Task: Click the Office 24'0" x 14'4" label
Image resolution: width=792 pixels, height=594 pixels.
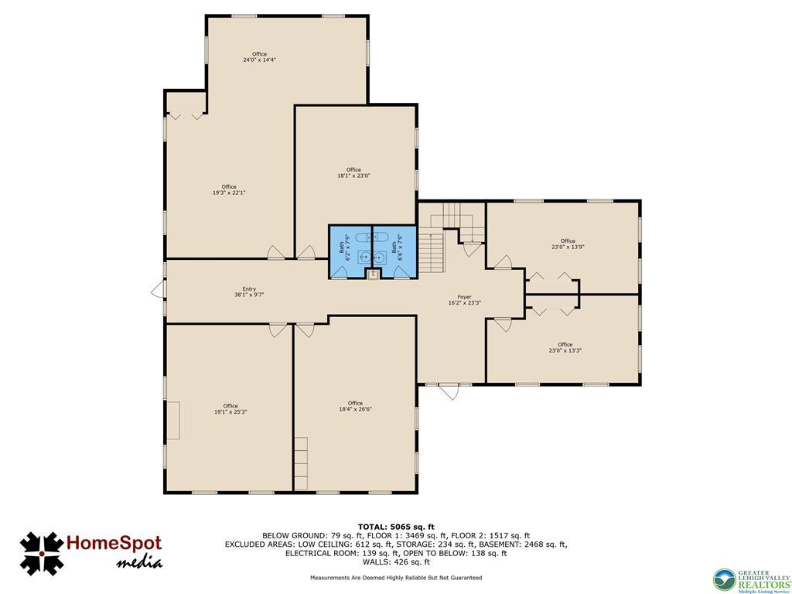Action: pos(259,56)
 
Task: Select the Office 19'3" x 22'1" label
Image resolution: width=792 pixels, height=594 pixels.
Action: pos(229,189)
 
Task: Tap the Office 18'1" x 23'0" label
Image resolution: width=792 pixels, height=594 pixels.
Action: pos(353,172)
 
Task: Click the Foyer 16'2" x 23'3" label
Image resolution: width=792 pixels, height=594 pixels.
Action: pos(464,300)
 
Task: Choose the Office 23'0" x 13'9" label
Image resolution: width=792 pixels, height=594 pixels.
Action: pos(568,244)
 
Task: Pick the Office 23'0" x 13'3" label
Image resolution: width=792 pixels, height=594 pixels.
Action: pos(565,347)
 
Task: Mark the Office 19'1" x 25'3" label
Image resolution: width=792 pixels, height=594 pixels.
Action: pos(230,408)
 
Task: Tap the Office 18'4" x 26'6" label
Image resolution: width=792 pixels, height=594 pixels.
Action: pos(355,406)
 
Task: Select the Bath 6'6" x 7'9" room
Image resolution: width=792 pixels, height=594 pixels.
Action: pos(394,251)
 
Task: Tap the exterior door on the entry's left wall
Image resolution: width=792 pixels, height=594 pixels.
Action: pos(158,289)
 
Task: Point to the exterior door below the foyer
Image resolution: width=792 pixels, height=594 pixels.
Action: pos(448,391)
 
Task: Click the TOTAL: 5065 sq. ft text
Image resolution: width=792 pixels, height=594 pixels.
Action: pos(395,527)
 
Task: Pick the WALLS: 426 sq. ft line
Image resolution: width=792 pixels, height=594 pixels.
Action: pos(395,562)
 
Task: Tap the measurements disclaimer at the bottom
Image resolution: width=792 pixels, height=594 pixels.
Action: pos(395,578)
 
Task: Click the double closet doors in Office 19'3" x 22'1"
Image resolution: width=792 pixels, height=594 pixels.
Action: pos(186,115)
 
